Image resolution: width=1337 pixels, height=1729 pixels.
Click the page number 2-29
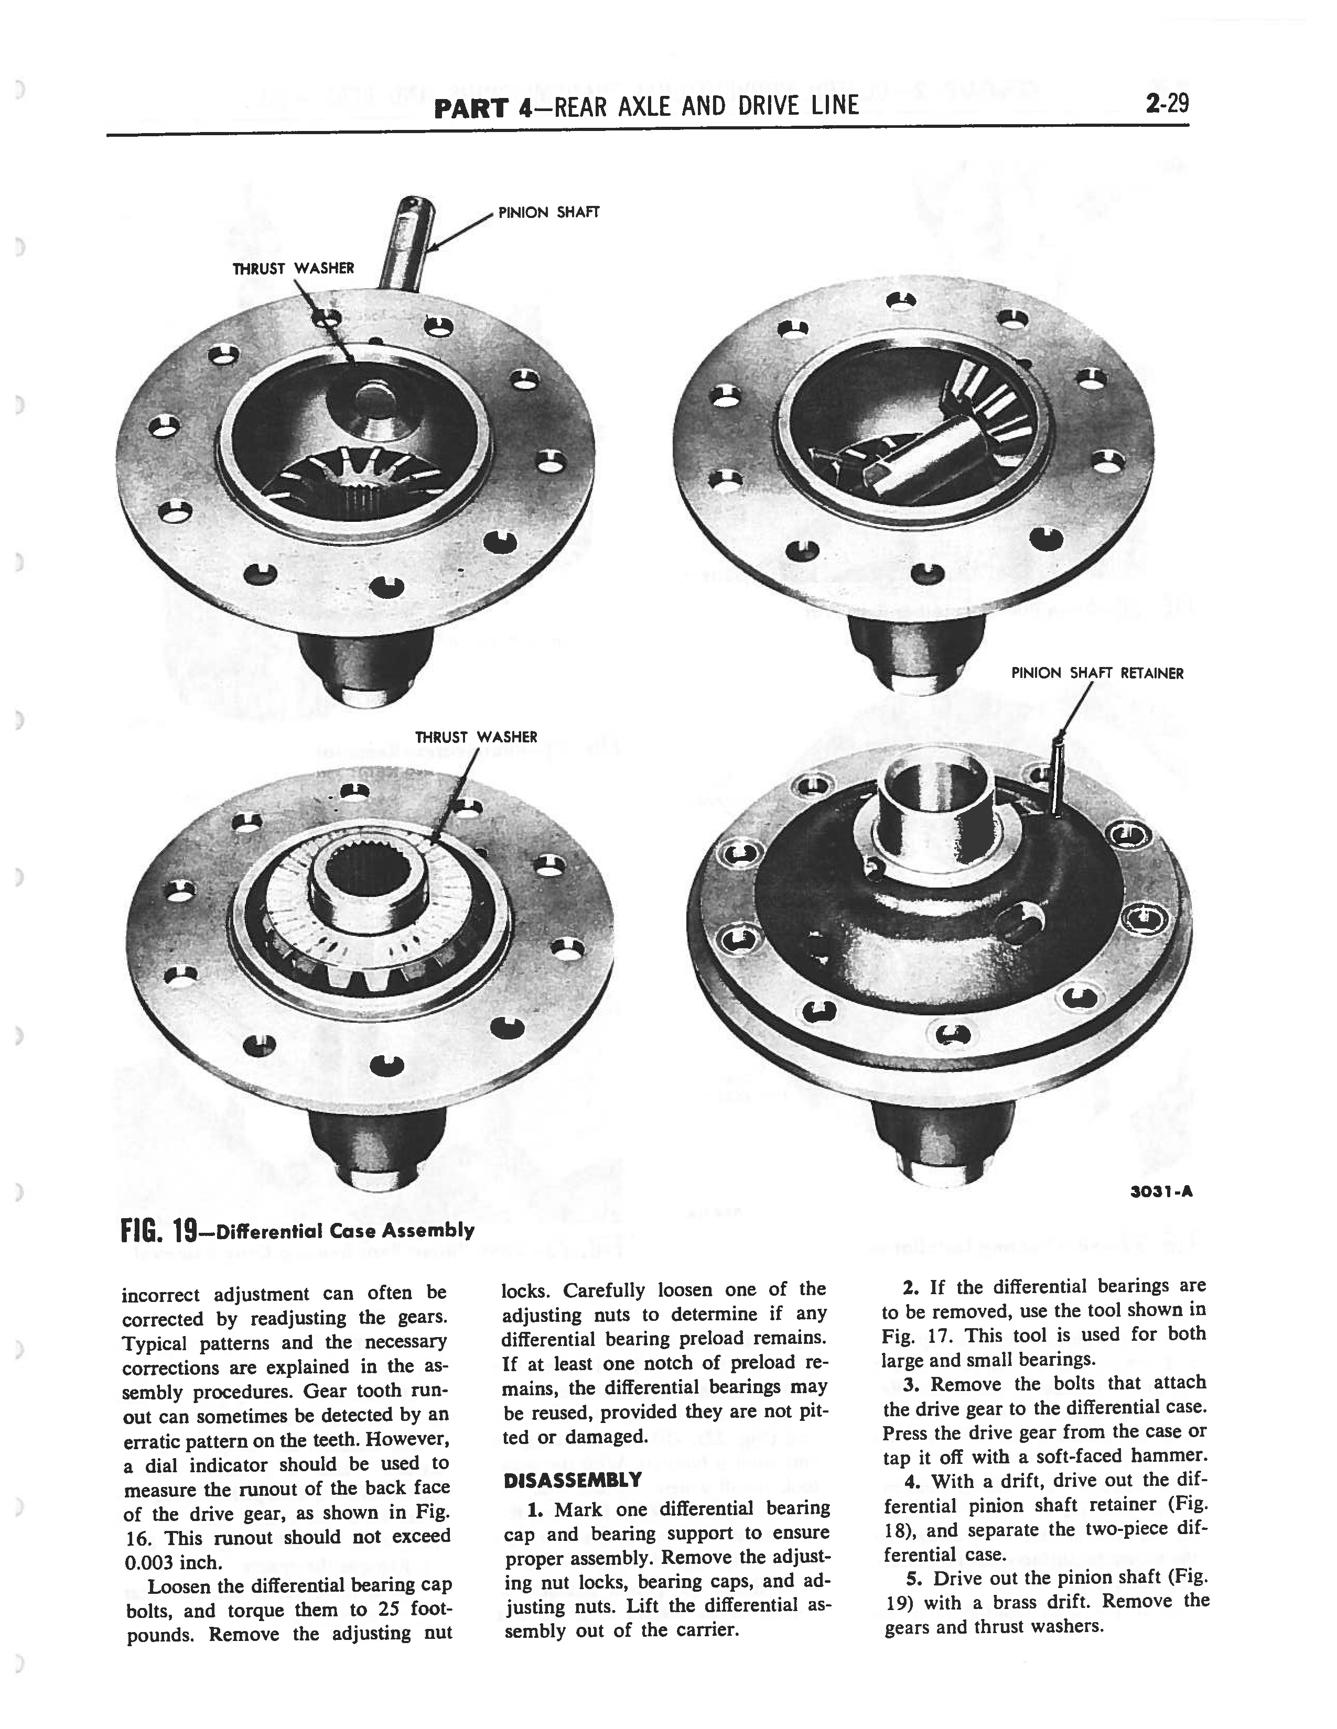coord(1167,104)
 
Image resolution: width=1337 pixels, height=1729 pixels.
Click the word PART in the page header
coord(470,106)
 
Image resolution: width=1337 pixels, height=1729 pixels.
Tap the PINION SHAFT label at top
coord(548,212)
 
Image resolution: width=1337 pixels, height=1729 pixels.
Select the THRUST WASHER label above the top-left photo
coord(293,268)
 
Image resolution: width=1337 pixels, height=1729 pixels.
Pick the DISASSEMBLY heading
coord(572,1479)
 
